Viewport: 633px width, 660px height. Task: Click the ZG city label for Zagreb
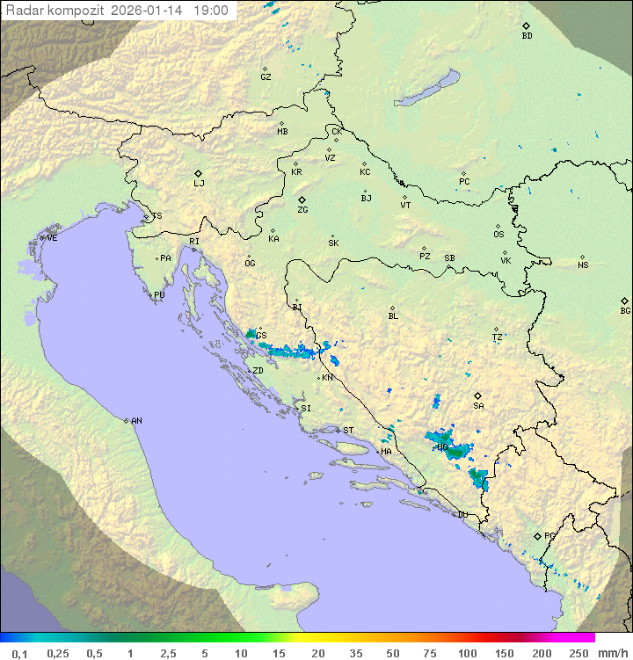[x=302, y=210]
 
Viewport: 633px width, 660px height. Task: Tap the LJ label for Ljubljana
[x=199, y=184]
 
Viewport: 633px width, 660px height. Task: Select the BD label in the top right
[x=527, y=36]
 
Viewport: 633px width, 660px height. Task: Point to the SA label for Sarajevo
[x=478, y=406]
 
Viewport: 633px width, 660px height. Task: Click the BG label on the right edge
[x=625, y=310]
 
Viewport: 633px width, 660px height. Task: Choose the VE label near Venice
[x=52, y=238]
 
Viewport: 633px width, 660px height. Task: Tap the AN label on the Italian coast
[x=136, y=421]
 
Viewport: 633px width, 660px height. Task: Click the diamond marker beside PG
[x=537, y=535]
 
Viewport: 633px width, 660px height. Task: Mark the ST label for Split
[x=348, y=431]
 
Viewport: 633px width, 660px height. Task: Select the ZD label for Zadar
[x=258, y=371]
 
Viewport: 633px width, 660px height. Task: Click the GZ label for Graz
[x=266, y=76]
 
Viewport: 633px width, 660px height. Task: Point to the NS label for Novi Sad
[x=583, y=265]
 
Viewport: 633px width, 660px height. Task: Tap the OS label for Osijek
[x=498, y=235]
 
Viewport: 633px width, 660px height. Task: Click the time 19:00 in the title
[x=210, y=11]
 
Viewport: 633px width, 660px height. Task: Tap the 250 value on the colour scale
[x=578, y=653]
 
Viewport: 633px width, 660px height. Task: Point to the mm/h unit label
[x=613, y=653]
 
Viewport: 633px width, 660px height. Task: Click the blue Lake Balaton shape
[x=427, y=89]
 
